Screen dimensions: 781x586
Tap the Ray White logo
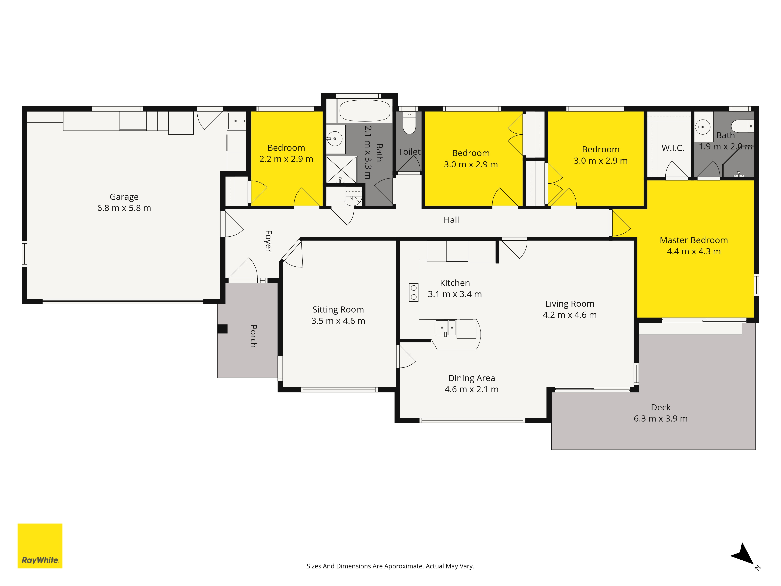40,546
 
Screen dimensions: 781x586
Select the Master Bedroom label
694,240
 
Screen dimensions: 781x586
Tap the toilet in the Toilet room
409,123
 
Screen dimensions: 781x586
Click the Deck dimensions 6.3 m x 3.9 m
661,419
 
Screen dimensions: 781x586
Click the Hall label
451,220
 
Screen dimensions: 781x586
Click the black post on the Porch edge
222,329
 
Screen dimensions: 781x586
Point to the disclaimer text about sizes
390,566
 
